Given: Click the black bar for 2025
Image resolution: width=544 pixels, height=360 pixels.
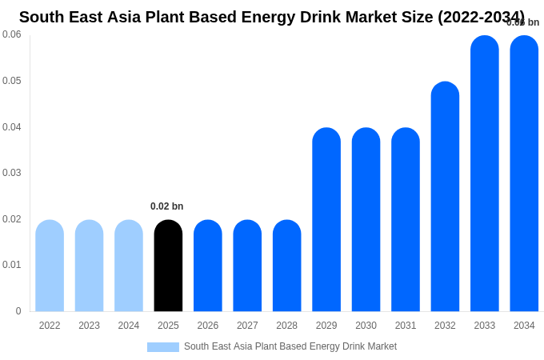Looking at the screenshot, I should [168, 266].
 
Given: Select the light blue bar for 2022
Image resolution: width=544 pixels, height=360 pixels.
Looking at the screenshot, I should [50, 266].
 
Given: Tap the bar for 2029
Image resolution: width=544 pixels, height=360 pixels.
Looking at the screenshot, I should [326, 220].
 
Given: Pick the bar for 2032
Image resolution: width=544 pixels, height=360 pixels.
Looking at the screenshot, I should [445, 197].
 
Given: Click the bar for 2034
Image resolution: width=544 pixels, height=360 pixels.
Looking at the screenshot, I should [524, 174].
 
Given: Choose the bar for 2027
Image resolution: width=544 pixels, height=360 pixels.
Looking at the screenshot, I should [247, 266].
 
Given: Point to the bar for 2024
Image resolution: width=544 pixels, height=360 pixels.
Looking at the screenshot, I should [129, 266].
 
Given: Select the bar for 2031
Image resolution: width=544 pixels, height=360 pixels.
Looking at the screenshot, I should [406, 220].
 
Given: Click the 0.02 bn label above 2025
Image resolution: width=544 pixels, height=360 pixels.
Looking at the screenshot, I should [166, 206].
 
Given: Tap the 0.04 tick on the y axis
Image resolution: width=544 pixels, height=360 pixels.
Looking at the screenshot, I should [12, 127].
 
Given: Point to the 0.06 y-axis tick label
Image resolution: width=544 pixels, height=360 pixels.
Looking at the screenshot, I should [12, 34].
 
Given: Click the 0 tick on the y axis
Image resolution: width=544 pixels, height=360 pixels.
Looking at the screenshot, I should [18, 311].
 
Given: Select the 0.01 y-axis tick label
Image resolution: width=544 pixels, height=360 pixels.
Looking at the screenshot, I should [12, 265].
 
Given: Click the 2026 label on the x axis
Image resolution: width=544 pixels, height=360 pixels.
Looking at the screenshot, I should [208, 326].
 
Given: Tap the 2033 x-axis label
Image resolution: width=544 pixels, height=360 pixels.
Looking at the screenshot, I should [485, 326].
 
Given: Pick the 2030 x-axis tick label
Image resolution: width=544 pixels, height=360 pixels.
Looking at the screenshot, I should [366, 326].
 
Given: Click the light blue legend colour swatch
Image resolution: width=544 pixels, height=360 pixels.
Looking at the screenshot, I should [163, 347].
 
